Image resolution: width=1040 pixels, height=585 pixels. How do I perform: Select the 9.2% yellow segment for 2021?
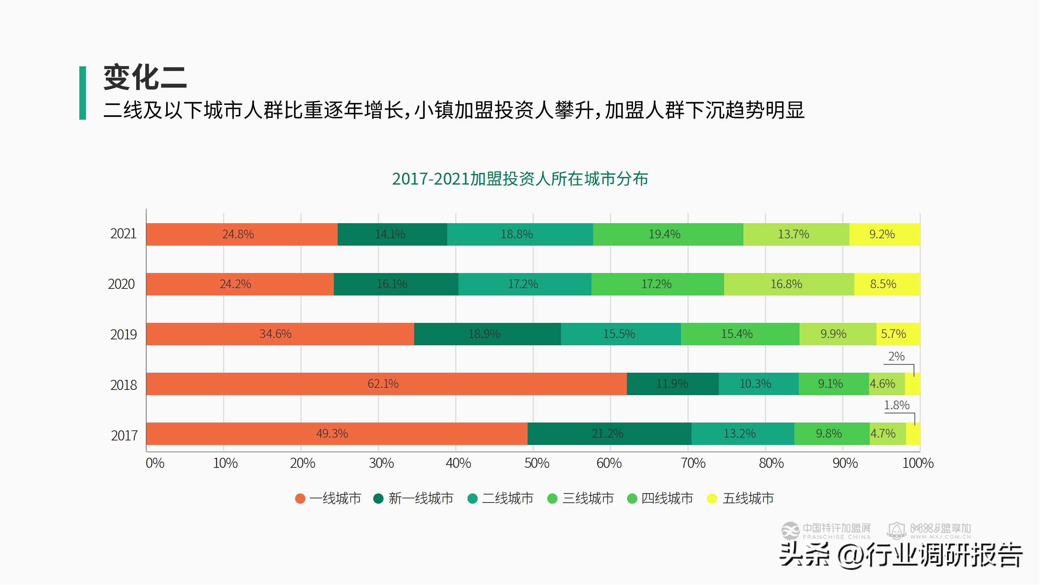coord(884,234)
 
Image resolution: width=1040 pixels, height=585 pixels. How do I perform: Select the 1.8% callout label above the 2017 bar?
coord(897,405)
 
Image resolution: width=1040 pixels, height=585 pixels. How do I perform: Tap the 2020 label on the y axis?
coord(121,284)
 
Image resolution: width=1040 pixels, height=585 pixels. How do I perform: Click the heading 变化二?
coord(145,78)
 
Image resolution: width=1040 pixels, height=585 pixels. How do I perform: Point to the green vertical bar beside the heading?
coord(83,93)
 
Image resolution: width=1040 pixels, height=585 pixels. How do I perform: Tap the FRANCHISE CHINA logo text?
coord(836,537)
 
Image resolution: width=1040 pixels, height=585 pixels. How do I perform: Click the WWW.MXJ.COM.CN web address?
coord(940,537)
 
